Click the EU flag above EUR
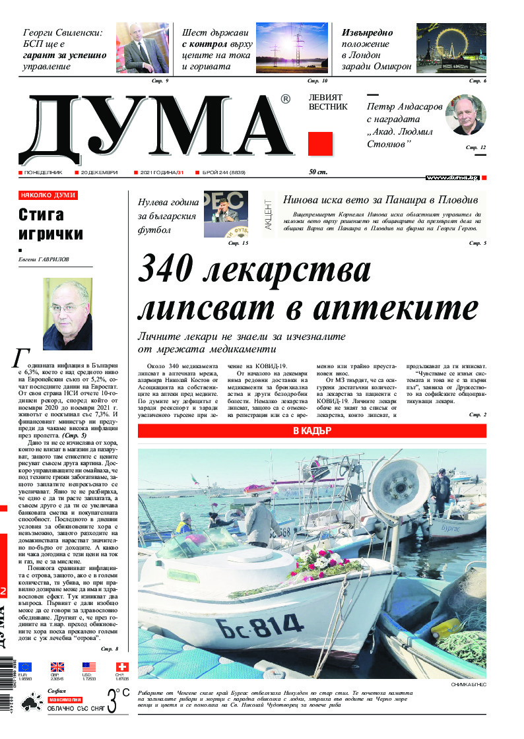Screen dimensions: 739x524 click(x=25, y=666)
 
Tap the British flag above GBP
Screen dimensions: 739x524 click(x=57, y=666)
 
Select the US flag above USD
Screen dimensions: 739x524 click(x=89, y=666)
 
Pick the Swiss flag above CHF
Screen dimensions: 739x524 click(x=122, y=666)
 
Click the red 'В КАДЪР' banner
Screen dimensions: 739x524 click(x=311, y=431)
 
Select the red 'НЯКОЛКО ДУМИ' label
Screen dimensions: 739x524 click(x=48, y=195)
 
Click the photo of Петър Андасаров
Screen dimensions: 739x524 click(x=465, y=115)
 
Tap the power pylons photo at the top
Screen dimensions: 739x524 click(x=292, y=49)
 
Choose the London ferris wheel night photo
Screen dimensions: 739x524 click(x=451, y=49)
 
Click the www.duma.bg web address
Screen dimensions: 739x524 click(x=452, y=177)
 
